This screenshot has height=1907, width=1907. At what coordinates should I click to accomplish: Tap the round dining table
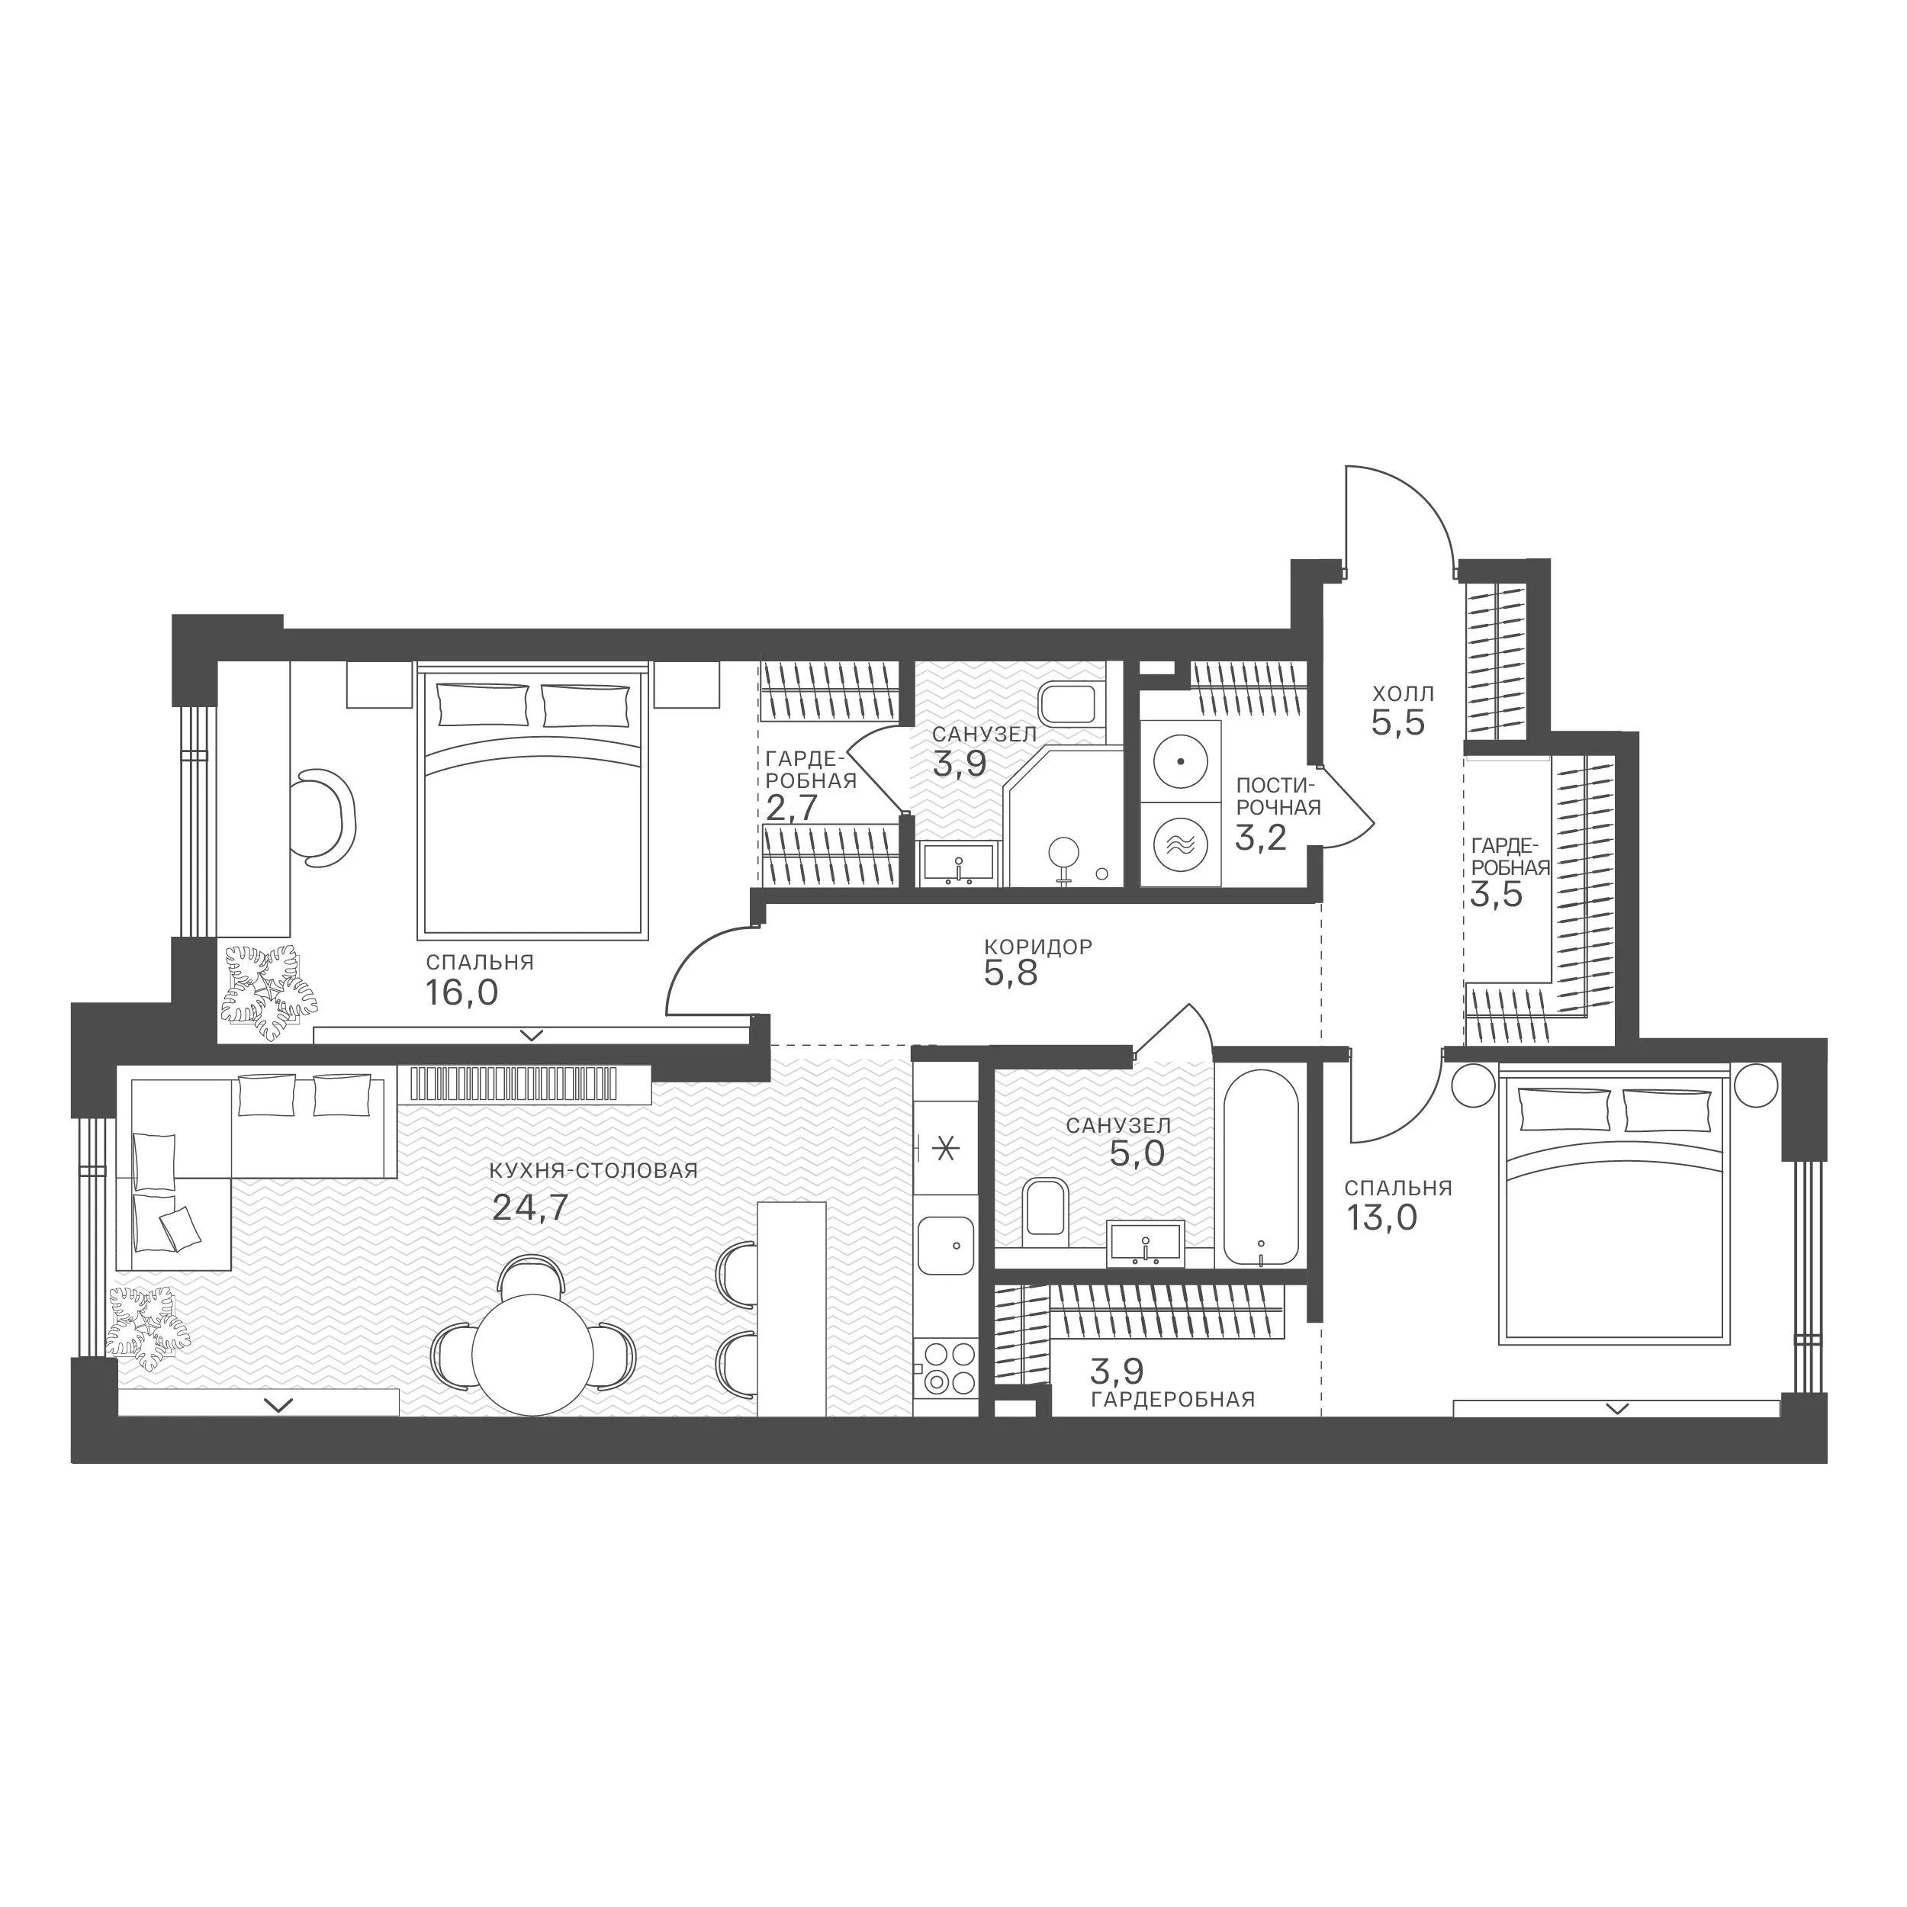coord(534,1355)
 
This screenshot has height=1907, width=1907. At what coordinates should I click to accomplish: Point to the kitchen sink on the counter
coord(946,1245)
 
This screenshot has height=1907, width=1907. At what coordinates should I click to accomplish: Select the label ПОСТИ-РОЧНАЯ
coord(1278,796)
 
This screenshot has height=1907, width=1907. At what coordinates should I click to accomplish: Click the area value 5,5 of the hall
coord(1399,723)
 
